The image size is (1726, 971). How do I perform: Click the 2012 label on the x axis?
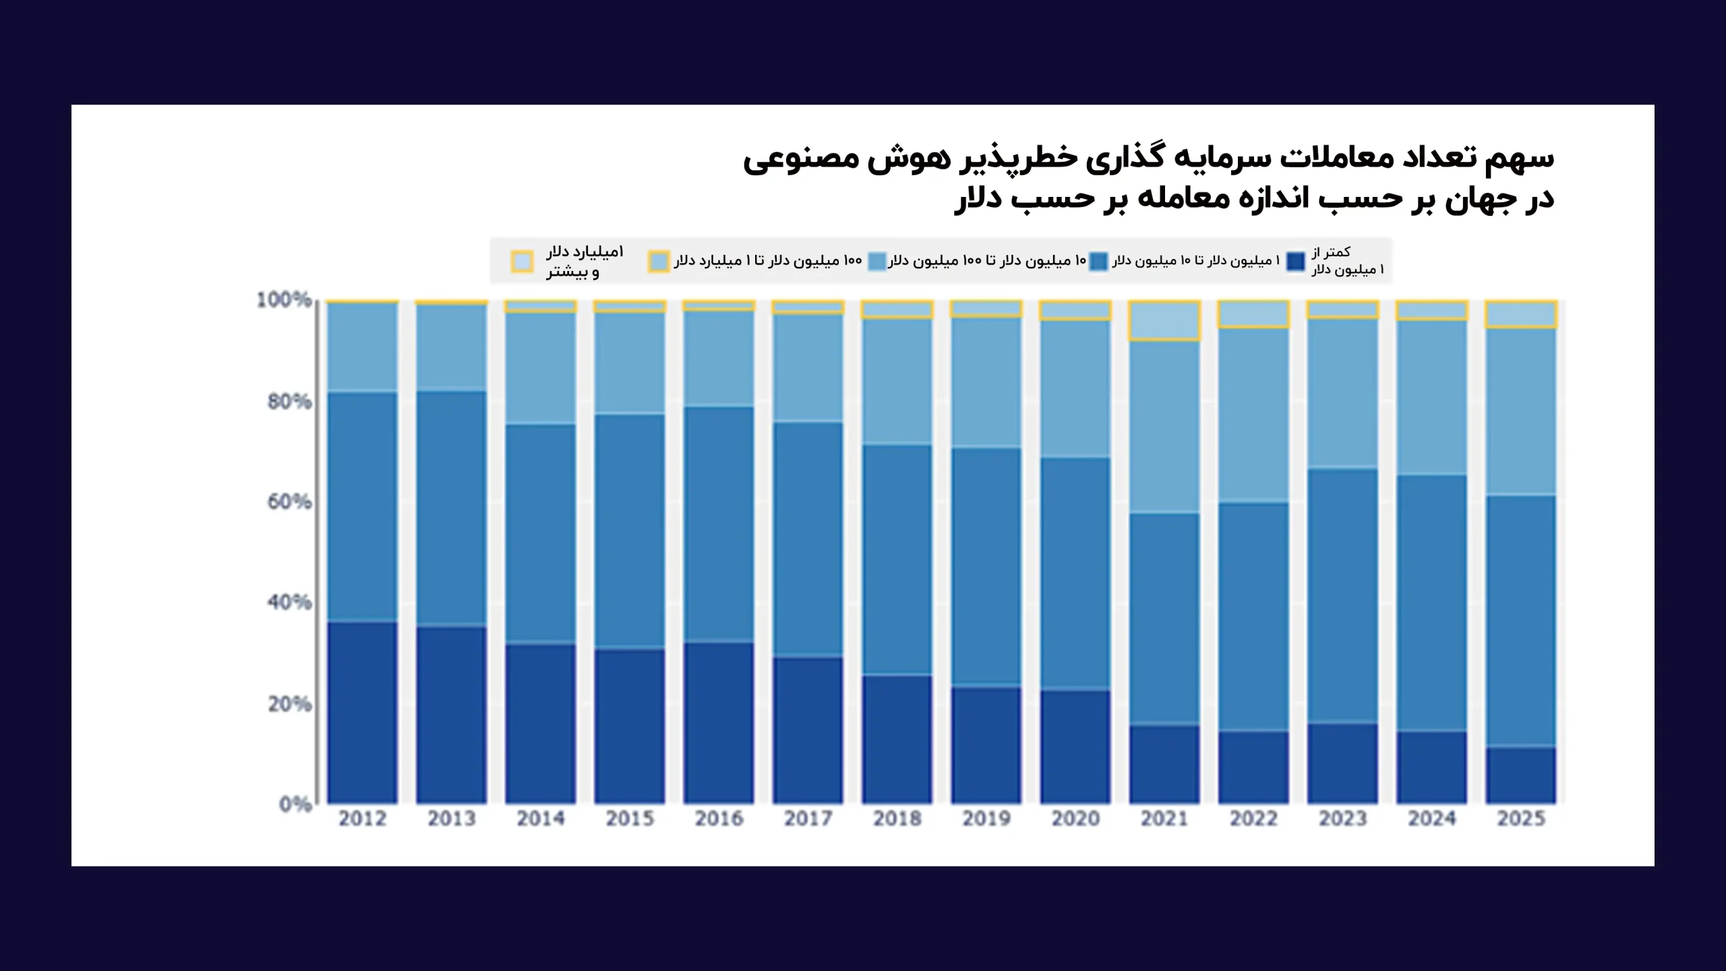[362, 819]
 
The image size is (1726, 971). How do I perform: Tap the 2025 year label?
[1521, 819]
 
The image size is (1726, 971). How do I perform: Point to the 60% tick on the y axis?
[289, 502]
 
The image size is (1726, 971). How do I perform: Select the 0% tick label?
[295, 804]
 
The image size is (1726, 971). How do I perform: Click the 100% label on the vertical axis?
[284, 300]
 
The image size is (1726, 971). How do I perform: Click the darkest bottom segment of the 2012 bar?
[362, 712]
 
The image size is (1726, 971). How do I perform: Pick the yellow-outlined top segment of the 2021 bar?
[1164, 320]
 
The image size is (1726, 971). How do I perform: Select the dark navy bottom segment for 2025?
[1521, 775]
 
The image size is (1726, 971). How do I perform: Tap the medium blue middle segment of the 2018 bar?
[897, 560]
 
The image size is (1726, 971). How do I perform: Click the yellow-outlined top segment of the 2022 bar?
[1253, 314]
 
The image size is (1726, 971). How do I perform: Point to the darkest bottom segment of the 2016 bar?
[719, 722]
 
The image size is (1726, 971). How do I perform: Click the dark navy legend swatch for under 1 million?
[1295, 261]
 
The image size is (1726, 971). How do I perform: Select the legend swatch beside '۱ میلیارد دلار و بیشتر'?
[522, 261]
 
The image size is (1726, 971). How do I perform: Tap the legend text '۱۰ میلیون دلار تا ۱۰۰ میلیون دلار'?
[986, 261]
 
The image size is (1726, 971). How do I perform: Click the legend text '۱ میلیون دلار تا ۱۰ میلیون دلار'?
[1195, 261]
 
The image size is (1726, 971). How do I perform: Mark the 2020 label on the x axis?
[1075, 819]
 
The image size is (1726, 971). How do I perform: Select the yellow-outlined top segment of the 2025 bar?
[1521, 314]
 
